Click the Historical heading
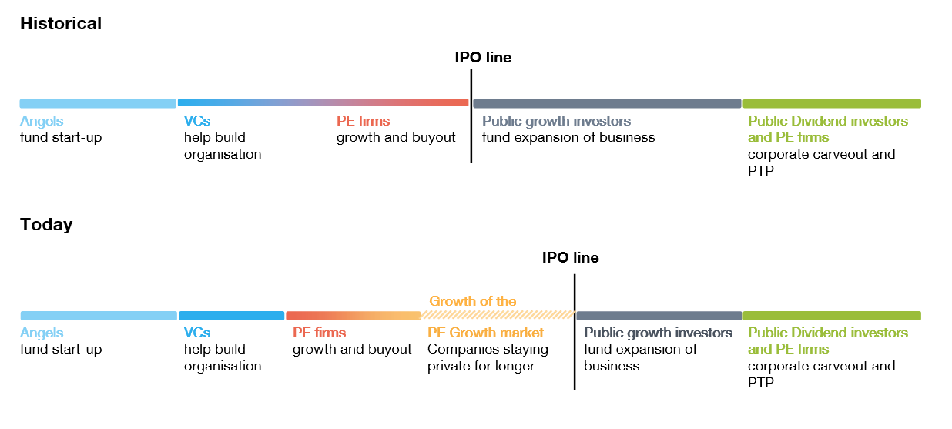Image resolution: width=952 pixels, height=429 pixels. [61, 23]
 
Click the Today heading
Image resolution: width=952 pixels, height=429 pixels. [46, 224]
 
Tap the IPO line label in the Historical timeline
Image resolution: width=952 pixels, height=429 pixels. [483, 58]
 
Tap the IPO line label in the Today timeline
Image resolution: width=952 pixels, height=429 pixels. [570, 258]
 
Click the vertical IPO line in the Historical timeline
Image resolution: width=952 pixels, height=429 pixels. [471, 116]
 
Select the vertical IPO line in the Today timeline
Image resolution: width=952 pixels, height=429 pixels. [575, 332]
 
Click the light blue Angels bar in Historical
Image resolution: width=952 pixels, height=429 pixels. [98, 103]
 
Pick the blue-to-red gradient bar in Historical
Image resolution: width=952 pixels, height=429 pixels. [323, 102]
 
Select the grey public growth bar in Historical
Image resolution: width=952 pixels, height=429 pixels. [608, 103]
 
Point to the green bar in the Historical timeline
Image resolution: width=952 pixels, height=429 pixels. [832, 103]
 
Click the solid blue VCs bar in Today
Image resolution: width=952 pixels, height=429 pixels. [232, 316]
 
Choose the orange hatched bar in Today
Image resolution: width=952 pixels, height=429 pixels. [498, 315]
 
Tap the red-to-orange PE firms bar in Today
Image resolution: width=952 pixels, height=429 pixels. [354, 316]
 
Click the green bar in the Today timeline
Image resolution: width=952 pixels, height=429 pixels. [832, 316]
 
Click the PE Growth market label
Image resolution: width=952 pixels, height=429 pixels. [486, 333]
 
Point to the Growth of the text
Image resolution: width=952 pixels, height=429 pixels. [473, 301]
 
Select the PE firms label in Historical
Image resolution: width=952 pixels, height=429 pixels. [363, 121]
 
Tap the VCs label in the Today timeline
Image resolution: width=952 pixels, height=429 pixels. [197, 333]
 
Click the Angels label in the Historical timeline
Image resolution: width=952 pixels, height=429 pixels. [42, 121]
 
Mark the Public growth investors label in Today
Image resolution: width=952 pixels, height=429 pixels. [658, 333]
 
